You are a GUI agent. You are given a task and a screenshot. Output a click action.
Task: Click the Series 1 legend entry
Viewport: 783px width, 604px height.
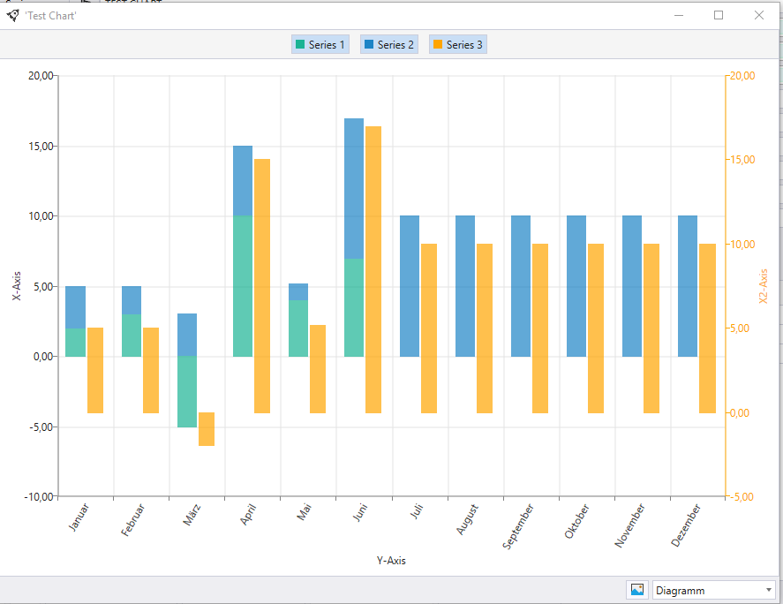(320, 44)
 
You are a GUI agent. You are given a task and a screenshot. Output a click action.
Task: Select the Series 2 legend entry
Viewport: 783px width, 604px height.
(389, 44)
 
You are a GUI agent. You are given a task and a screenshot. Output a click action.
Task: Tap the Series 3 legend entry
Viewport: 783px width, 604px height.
(458, 44)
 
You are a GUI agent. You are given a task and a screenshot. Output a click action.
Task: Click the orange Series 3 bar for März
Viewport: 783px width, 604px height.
(207, 429)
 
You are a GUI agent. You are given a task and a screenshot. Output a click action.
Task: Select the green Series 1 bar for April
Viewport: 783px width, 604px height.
(243, 286)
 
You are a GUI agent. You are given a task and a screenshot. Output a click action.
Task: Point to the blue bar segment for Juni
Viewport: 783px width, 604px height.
(354, 189)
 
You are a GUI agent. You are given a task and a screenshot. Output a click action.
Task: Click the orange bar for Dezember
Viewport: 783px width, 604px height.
(707, 328)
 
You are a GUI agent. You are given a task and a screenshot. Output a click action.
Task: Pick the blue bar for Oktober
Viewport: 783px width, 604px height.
(576, 286)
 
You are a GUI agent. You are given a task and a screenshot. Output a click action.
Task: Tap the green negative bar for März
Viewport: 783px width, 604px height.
(187, 392)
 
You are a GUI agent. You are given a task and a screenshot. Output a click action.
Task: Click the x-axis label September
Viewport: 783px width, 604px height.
(518, 526)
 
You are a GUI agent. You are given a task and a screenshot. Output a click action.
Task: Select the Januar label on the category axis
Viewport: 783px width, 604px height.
(79, 517)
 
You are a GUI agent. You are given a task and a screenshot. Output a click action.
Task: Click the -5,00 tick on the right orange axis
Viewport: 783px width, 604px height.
(742, 497)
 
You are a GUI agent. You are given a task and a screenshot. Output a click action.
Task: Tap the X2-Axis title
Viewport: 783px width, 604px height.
(763, 286)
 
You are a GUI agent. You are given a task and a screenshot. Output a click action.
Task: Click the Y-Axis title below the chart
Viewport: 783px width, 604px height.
(391, 561)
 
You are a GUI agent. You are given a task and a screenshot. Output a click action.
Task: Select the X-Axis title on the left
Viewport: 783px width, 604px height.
(17, 286)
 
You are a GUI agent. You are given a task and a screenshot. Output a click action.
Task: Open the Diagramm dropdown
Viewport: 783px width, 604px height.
(713, 591)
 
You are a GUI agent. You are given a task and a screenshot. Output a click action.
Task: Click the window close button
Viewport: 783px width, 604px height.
(759, 16)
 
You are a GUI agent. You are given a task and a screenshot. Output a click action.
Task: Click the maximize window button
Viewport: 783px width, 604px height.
(719, 16)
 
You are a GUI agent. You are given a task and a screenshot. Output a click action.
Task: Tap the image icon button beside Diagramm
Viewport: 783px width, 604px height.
(637, 590)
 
